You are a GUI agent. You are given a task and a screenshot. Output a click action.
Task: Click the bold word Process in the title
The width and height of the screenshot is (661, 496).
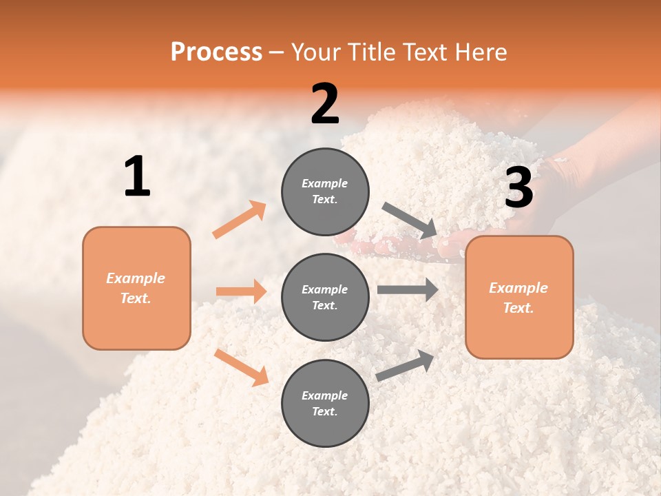click(216, 52)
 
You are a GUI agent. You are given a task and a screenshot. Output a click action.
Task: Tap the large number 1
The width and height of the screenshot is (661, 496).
click(137, 176)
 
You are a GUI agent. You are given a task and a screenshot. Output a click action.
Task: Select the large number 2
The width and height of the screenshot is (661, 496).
click(325, 104)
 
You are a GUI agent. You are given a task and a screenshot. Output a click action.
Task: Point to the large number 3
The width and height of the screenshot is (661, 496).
click(518, 188)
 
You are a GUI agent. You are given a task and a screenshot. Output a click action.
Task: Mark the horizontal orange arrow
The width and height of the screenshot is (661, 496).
click(241, 291)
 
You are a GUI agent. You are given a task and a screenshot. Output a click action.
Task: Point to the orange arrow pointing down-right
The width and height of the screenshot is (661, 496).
click(241, 367)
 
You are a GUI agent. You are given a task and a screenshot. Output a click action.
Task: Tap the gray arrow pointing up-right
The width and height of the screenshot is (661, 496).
click(405, 365)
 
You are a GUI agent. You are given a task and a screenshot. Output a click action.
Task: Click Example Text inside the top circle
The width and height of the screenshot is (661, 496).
click(325, 192)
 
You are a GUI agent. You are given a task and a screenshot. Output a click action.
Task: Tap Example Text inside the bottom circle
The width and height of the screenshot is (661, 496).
click(325, 404)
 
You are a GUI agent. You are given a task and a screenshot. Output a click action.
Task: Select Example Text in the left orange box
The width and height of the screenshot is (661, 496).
click(136, 288)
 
